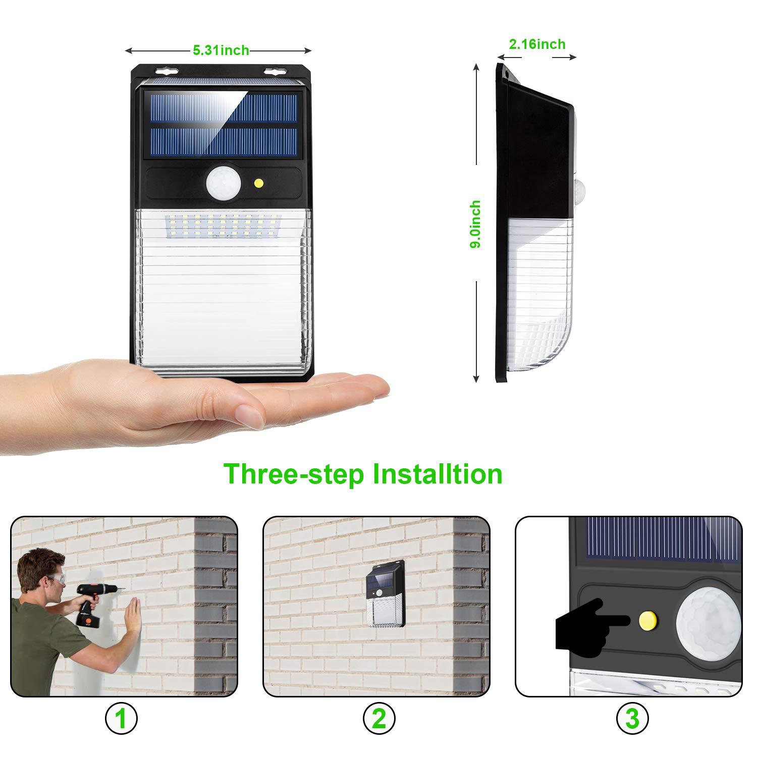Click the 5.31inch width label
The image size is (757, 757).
click(x=221, y=50)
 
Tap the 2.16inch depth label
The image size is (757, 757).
click(x=537, y=44)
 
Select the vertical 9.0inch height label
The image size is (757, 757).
click(x=475, y=224)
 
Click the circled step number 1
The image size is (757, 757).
click(x=121, y=718)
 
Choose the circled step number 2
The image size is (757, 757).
click(x=379, y=718)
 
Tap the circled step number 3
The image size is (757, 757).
click(x=632, y=718)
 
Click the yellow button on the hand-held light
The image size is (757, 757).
click(x=259, y=182)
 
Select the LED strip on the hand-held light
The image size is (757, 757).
click(x=223, y=225)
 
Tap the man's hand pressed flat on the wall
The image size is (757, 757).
click(x=133, y=615)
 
